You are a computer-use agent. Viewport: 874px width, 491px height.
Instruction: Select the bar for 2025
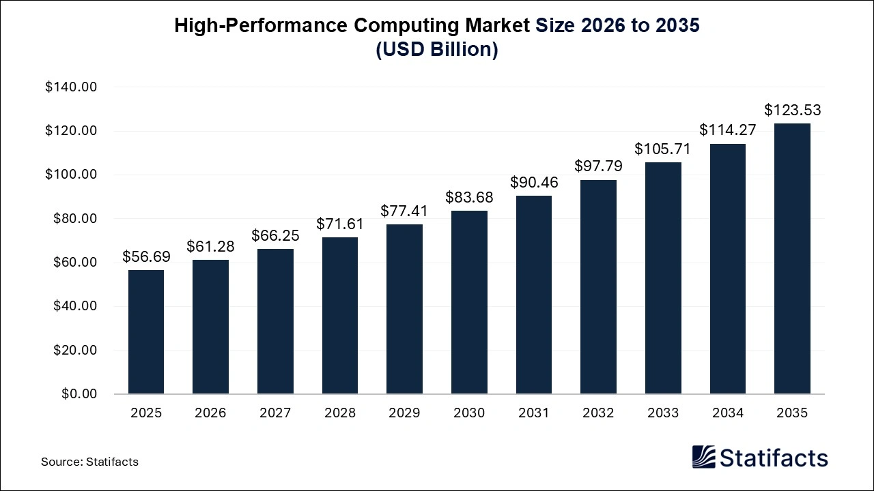coord(146,332)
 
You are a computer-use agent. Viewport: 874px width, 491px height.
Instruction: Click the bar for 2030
coord(469,302)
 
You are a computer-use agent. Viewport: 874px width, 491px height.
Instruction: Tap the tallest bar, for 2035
coord(792,258)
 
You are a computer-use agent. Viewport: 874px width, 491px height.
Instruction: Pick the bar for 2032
coord(598,286)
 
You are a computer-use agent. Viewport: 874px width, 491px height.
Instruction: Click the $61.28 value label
coord(211,246)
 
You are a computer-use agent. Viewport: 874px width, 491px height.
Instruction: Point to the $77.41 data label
coord(405,211)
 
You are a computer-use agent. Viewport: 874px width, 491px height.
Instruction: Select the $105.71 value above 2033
coord(662,149)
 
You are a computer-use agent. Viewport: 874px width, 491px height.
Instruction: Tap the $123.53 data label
coord(792,110)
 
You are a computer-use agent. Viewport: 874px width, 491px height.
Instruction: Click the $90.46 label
coord(534,182)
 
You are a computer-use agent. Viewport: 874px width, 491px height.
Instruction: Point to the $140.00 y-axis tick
coord(71,87)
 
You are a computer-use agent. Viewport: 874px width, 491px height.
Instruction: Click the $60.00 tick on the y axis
coord(74,263)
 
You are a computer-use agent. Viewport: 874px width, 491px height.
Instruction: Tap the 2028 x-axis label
coord(340,413)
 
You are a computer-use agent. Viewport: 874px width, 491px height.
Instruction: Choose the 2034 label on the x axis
coord(727,413)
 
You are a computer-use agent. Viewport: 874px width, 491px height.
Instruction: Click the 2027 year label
coord(275,413)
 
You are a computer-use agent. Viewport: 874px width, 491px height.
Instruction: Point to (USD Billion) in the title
coord(437,50)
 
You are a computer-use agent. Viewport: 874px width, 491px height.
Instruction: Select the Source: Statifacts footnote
coord(89,462)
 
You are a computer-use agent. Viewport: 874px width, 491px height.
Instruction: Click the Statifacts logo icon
coord(703,457)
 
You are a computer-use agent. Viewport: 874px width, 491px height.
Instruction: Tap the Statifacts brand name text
coord(774,458)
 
